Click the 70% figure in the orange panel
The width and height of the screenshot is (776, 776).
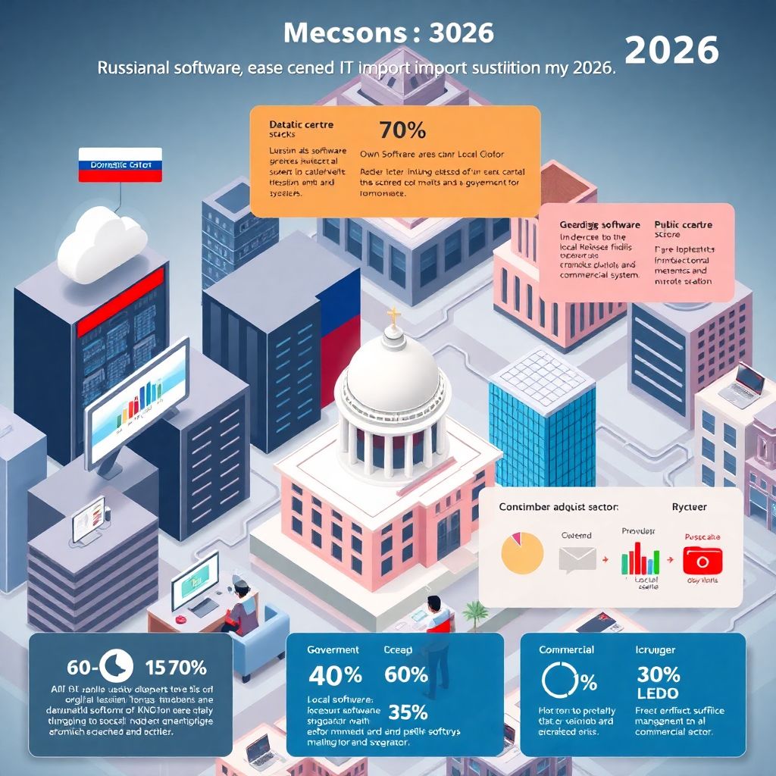(402, 130)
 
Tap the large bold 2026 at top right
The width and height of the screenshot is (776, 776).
(671, 50)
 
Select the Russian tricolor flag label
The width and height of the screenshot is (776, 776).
(120, 164)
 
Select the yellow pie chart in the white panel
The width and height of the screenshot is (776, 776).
(523, 552)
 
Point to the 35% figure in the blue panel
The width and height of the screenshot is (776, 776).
(408, 712)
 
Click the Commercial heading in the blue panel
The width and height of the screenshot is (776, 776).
(566, 650)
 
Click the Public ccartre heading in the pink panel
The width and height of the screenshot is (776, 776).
(683, 225)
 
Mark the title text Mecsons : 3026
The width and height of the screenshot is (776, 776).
(388, 33)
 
